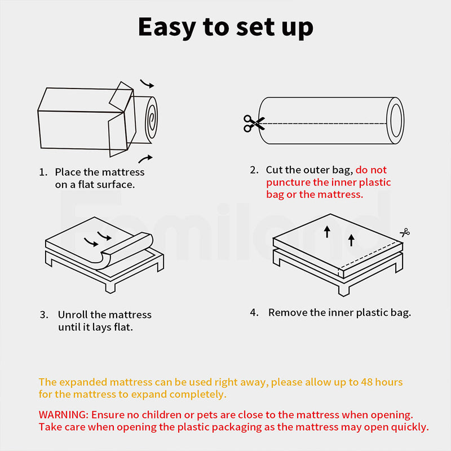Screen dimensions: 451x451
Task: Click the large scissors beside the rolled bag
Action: (253, 123)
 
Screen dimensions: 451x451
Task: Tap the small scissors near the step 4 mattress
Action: (404, 232)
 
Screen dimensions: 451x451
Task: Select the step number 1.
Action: (43, 172)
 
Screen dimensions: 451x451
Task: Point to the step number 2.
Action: (254, 170)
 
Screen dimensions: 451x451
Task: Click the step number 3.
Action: (43, 315)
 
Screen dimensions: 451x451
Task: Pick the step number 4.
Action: (254, 312)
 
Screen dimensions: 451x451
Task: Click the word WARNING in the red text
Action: (64, 414)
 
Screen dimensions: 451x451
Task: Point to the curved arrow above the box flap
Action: (147, 85)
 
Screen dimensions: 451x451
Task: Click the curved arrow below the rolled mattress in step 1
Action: (145, 158)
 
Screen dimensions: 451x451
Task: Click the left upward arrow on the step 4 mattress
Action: (327, 231)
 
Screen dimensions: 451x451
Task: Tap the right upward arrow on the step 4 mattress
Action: (351, 240)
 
